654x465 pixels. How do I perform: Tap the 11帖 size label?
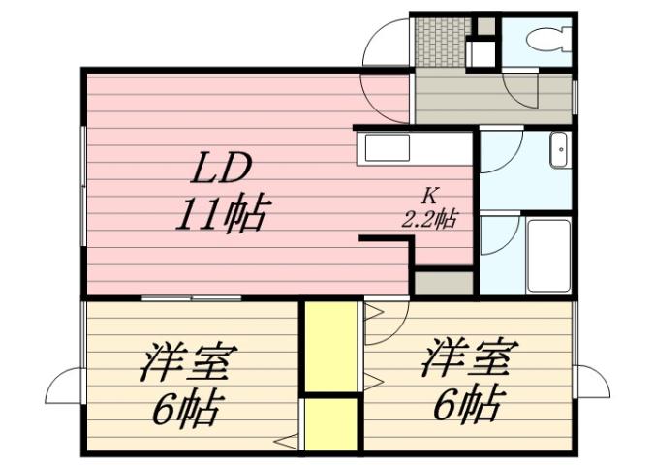(x=220, y=212)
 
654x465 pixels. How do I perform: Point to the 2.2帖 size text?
(x=429, y=218)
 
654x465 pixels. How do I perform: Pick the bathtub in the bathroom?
(x=548, y=255)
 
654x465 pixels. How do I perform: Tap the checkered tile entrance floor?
(x=439, y=40)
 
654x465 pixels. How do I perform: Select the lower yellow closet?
(x=329, y=423)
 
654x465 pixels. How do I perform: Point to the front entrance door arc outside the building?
(x=385, y=44)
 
